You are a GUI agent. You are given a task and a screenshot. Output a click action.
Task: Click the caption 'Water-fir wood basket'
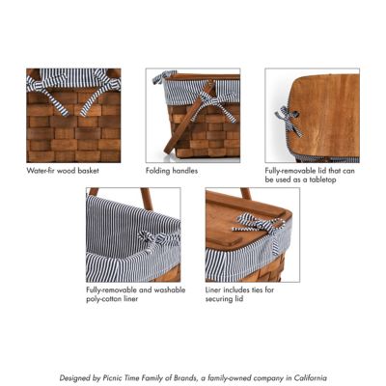click(62, 171)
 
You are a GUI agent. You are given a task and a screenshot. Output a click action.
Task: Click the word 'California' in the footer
click(306, 378)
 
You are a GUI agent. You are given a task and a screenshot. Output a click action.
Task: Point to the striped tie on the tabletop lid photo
click(286, 120)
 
